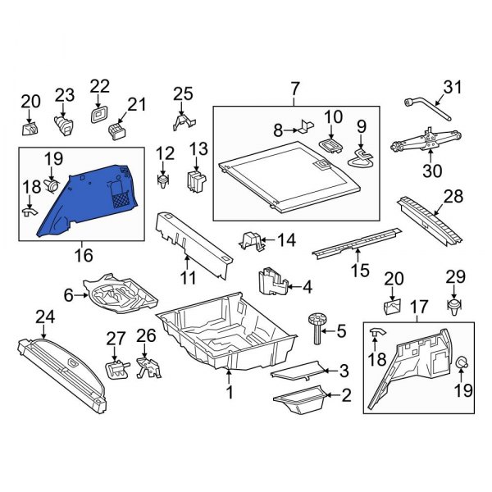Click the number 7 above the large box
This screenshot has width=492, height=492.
point(295,88)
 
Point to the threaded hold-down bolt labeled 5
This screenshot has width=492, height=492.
point(317,330)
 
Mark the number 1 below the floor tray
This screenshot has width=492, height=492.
point(230,393)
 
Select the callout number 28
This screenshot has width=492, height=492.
point(453,197)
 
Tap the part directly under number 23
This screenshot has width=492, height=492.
point(64,123)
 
